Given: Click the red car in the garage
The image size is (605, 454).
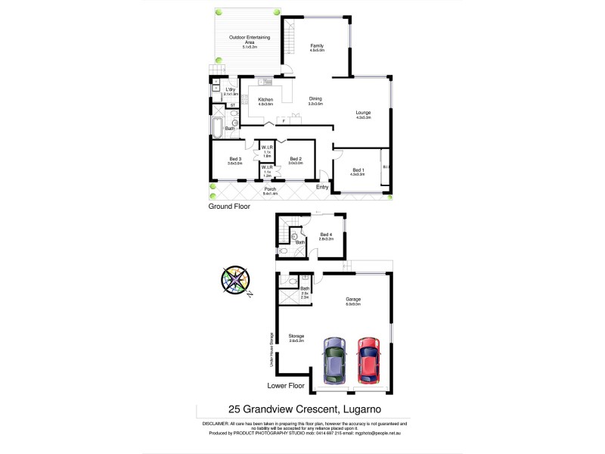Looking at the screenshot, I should coord(368,359).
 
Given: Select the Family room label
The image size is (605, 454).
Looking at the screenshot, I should coord(318,47).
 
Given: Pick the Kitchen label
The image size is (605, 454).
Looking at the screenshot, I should coord(265,100).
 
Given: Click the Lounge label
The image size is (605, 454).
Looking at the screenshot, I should coord(364,113).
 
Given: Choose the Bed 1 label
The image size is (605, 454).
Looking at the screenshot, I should coord(358,169).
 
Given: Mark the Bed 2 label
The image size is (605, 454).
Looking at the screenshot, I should coord(296,158).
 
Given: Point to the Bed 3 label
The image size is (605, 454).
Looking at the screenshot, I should coord(235,158).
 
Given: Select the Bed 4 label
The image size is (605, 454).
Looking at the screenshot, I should coord(327,234).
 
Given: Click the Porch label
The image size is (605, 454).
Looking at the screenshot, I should coord(270,189).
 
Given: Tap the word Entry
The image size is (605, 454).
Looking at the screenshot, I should coord(323,186).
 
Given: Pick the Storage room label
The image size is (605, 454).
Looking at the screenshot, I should coord(296,336).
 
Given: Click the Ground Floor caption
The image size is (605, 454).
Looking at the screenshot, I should coord(229,206).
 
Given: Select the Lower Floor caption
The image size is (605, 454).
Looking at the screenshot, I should coord(286,386).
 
